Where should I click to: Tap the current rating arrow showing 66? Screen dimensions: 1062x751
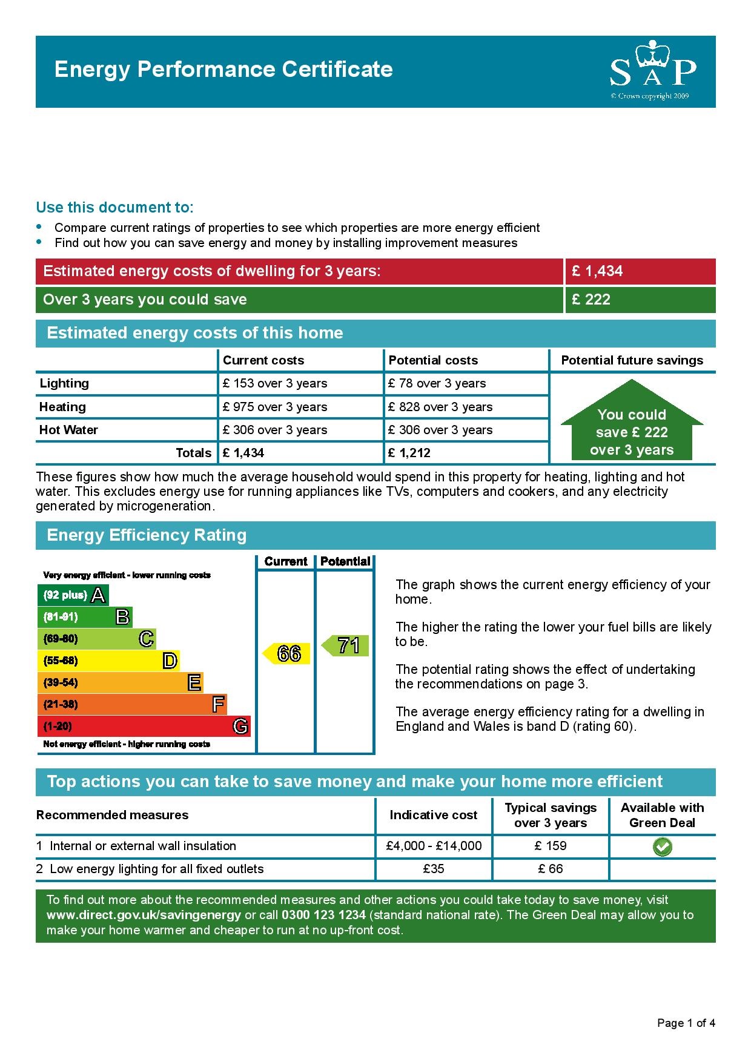pyautogui.click(x=287, y=653)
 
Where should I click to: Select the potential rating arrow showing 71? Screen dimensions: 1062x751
pyautogui.click(x=346, y=645)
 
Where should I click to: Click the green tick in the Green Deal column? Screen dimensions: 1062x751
pyautogui.click(x=662, y=846)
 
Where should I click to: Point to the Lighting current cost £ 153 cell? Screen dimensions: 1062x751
pyautogui.click(x=275, y=383)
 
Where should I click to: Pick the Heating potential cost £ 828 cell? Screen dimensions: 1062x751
pyautogui.click(x=440, y=407)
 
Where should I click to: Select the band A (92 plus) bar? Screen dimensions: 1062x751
pyautogui.click(x=73, y=595)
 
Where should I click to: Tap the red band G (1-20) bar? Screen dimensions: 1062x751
pyautogui.click(x=144, y=726)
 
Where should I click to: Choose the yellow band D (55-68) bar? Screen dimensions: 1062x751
pyautogui.click(x=108, y=661)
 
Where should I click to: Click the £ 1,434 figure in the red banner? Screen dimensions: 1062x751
pyautogui.click(x=597, y=271)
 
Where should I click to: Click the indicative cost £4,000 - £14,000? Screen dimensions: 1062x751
pyautogui.click(x=434, y=846)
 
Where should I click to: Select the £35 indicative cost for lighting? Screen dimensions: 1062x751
pyautogui.click(x=434, y=869)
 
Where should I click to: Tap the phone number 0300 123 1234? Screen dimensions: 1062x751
pyautogui.click(x=323, y=915)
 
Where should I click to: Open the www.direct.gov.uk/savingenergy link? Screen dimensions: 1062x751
pyautogui.click(x=144, y=915)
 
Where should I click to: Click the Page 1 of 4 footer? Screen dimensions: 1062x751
pyautogui.click(x=686, y=1023)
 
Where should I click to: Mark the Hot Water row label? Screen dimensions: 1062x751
pyautogui.click(x=68, y=430)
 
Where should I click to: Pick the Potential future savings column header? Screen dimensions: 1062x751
pyautogui.click(x=632, y=360)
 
